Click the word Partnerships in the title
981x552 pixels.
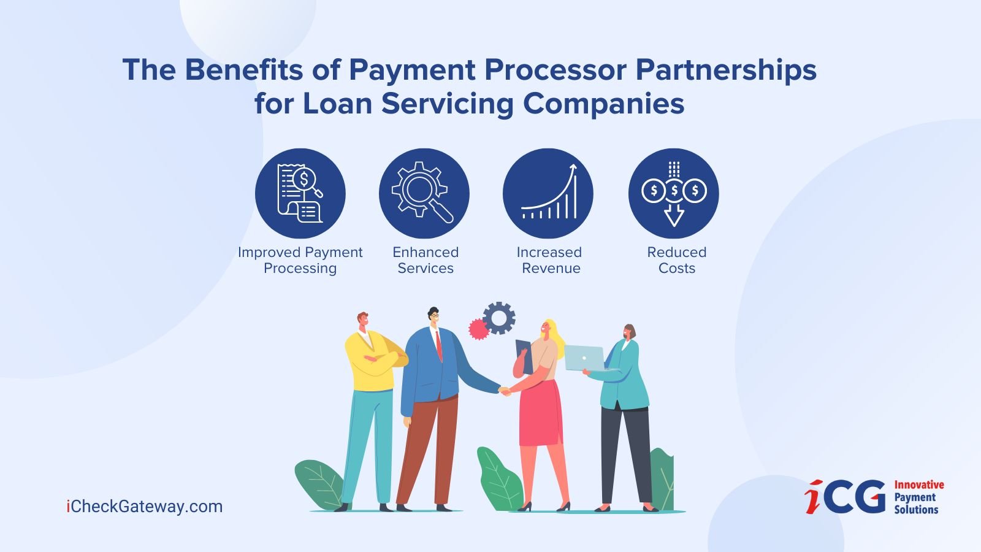pos(726,71)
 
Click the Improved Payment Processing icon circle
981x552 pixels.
pos(300,193)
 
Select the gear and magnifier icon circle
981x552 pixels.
pos(424,193)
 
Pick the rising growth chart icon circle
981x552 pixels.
pos(548,193)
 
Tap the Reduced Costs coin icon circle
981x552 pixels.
pos(674,193)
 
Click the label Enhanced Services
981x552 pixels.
pos(426,260)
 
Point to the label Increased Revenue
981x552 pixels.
pos(549,260)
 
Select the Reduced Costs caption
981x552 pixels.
pos(677,260)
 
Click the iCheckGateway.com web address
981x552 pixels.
pos(145,507)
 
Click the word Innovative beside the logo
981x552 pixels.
pos(919,485)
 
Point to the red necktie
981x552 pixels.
pos(439,346)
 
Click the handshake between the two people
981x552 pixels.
pos(505,391)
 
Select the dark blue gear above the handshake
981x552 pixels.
pos(499,318)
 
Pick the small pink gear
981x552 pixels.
pos(479,329)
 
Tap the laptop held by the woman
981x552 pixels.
pos(584,358)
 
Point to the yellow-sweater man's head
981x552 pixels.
pos(362,321)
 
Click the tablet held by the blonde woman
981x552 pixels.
pos(524,356)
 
